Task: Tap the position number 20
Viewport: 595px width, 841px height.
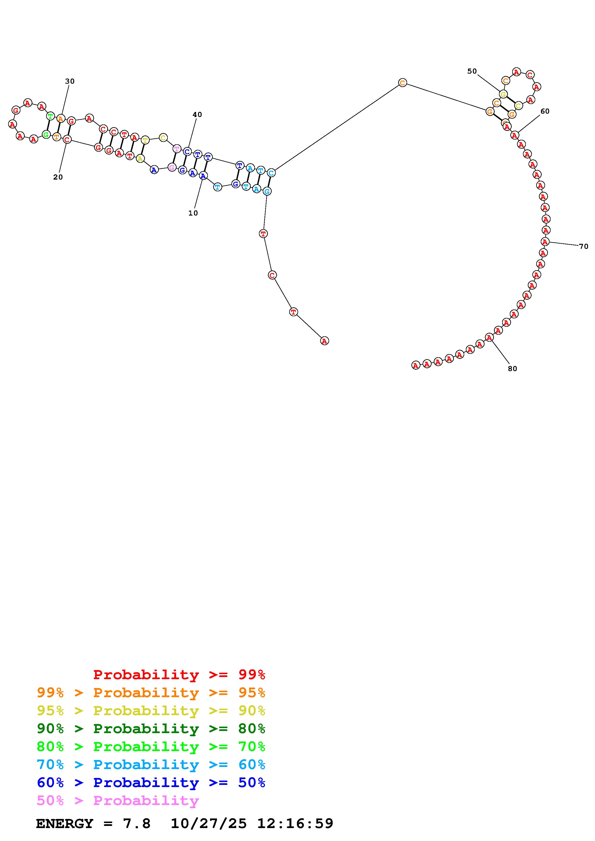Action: pos(58,177)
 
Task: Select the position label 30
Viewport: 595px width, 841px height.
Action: pos(70,81)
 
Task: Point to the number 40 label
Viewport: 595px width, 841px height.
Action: pos(197,115)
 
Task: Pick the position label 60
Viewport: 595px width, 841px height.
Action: pos(545,111)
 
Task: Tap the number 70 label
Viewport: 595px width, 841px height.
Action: pos(584,246)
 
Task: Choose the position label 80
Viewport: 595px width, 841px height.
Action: pos(512,369)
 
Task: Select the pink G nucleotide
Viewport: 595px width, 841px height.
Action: pos(172,167)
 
